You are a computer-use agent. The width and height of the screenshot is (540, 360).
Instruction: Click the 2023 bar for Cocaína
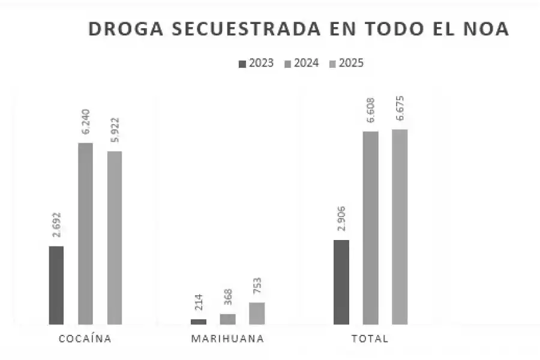(56, 285)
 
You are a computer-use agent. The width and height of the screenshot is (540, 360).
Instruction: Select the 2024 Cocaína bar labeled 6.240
(86, 233)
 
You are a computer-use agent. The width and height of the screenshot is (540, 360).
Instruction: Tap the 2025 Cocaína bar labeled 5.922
(115, 238)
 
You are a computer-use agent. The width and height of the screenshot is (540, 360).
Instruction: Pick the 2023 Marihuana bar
(199, 322)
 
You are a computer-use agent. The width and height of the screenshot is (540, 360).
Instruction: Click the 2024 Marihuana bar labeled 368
(228, 319)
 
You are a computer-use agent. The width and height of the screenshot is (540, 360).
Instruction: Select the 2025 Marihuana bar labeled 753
(257, 313)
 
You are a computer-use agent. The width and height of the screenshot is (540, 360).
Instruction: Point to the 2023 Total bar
(341, 282)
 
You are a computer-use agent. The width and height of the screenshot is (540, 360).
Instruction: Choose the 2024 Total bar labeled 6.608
(371, 228)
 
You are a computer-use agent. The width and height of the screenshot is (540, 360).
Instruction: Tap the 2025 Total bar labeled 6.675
(400, 227)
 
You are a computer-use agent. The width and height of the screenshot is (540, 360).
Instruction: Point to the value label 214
(199, 302)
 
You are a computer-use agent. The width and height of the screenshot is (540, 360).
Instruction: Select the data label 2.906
(341, 220)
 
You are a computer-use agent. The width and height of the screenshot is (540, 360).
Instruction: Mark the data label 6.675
(400, 109)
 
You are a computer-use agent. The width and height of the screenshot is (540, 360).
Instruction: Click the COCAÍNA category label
(85, 338)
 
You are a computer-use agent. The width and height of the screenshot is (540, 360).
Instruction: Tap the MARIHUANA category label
(227, 338)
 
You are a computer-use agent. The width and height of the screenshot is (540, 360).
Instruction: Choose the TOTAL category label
(370, 338)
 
